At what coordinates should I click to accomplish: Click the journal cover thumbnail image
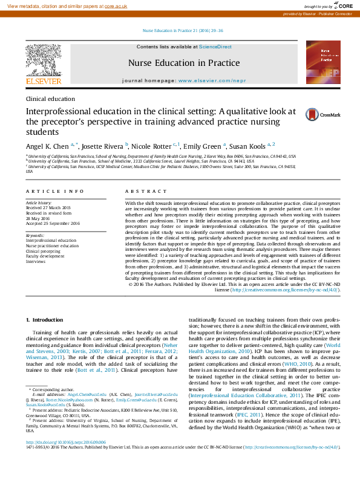pos(322,62)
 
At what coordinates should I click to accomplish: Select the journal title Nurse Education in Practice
pos(183,63)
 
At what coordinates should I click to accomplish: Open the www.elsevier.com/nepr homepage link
pos(209,80)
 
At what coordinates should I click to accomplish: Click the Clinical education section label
pos(50,98)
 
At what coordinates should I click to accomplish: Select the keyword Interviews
pos(35,262)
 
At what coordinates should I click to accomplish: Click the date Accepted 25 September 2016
pos(53,223)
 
